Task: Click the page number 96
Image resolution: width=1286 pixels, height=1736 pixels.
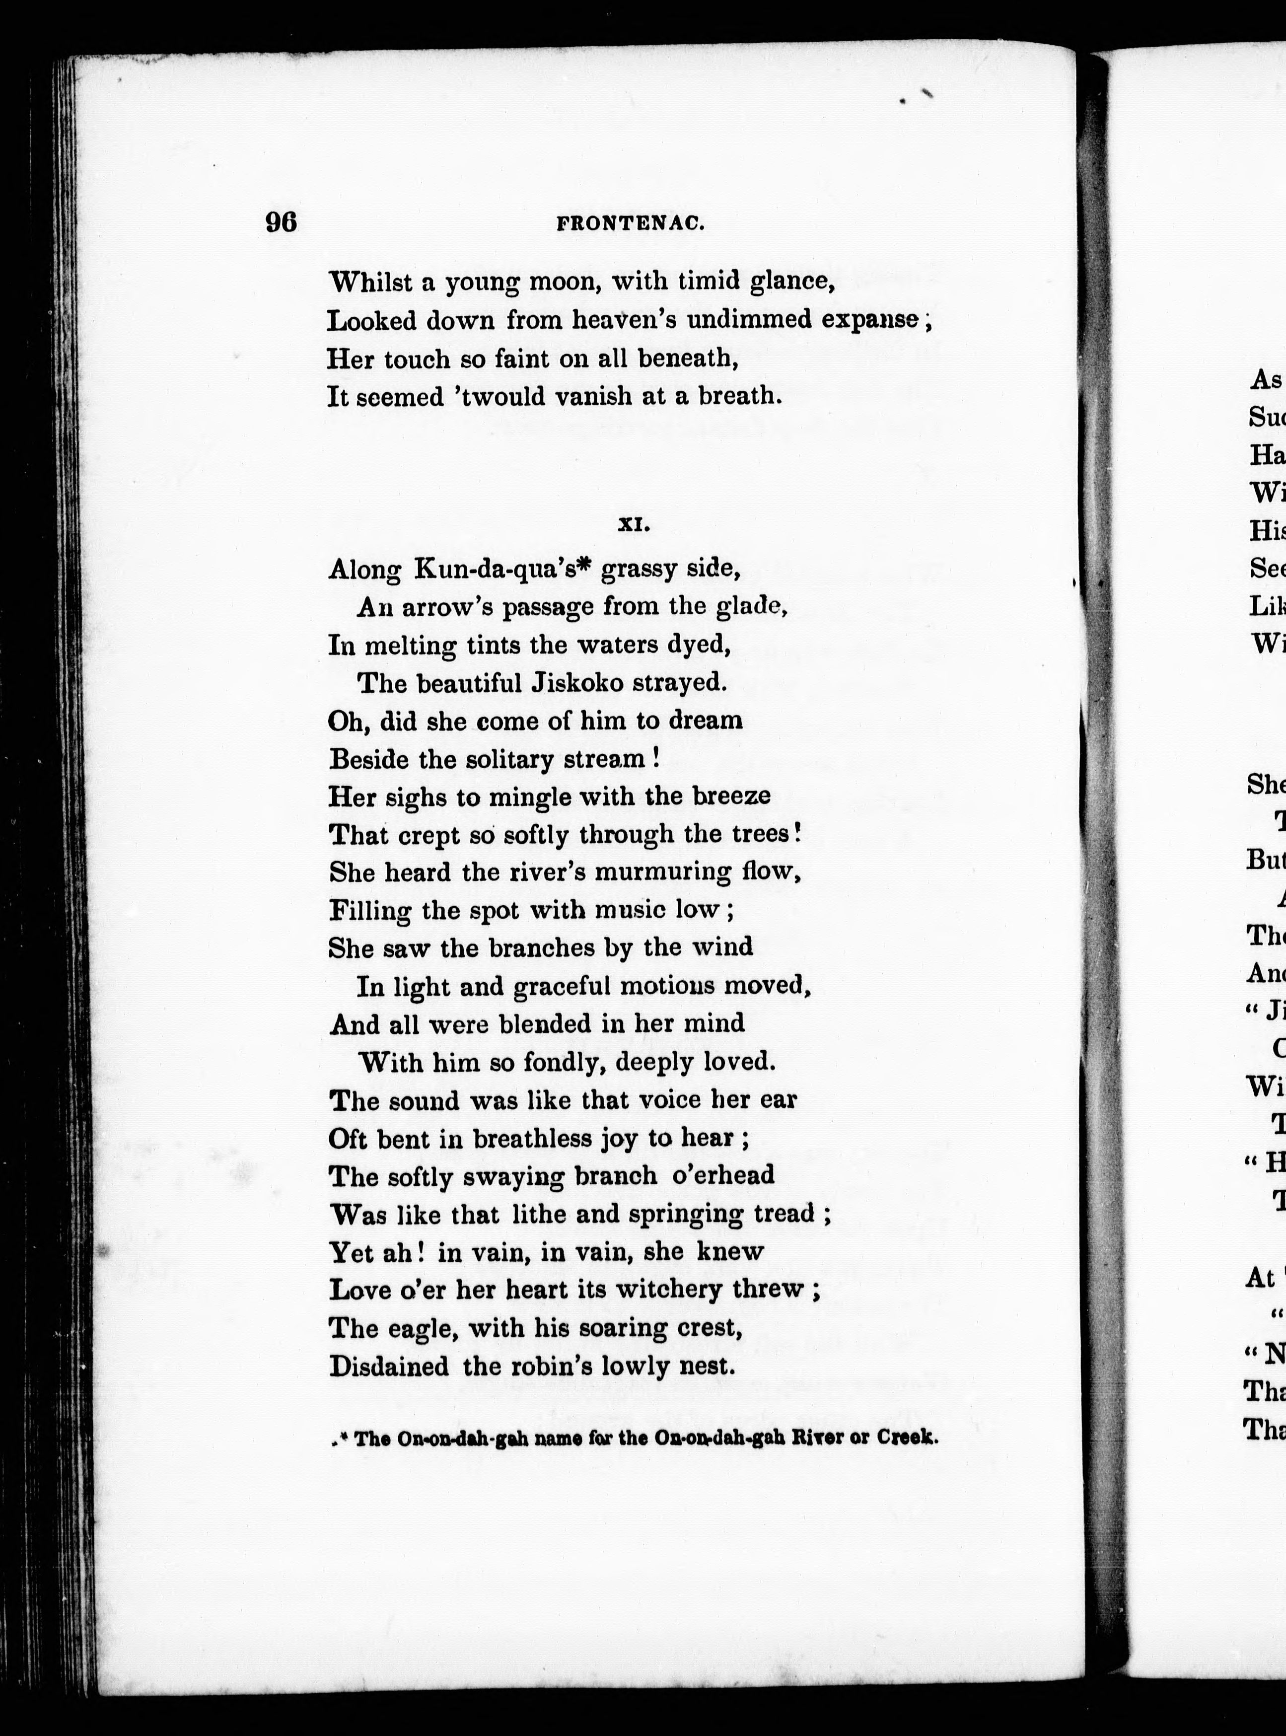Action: click(x=281, y=222)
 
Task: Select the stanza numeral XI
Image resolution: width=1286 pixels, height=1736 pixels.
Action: click(x=634, y=525)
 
